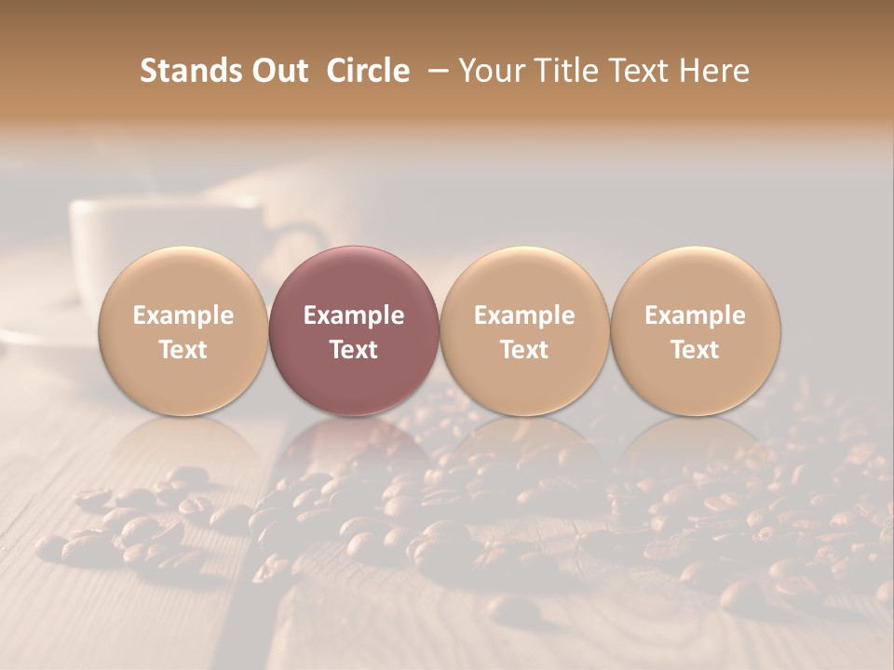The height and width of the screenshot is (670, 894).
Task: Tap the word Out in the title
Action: pos(277,71)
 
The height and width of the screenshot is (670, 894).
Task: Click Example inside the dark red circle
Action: pos(354,315)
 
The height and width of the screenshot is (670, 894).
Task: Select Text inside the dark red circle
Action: pos(354,350)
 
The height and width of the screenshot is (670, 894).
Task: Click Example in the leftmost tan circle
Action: pos(183,315)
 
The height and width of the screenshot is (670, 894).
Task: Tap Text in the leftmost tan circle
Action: pos(183,350)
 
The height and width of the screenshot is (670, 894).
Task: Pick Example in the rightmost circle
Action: pos(695,315)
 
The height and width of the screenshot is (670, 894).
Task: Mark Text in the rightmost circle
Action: pos(695,350)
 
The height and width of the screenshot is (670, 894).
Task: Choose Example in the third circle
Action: pos(524,315)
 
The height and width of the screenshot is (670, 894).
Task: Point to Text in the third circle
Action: pos(524,350)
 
